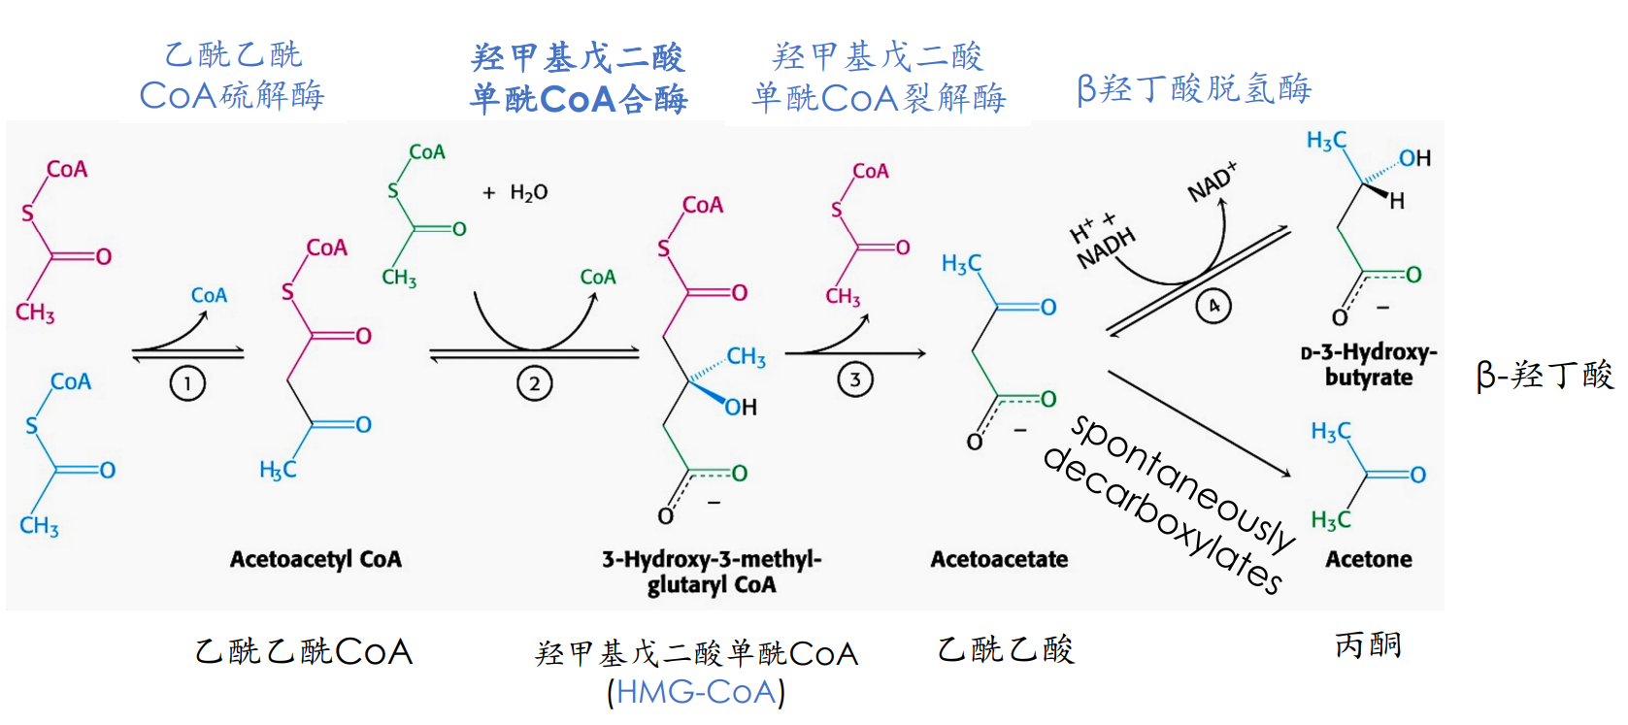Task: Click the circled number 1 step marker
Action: [x=187, y=383]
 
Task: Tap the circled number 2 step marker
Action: [x=534, y=383]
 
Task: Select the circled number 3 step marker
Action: [x=855, y=379]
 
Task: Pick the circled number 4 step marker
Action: [x=1213, y=306]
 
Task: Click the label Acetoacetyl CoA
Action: [x=316, y=559]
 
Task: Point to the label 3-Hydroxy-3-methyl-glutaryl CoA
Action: [x=712, y=572]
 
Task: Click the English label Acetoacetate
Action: [x=999, y=559]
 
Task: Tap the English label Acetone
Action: [x=1369, y=559]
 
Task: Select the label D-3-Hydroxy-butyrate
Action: [x=1369, y=364]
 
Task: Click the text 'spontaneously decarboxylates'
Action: [x=1170, y=501]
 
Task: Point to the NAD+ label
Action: [x=1213, y=181]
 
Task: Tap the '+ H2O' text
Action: [x=515, y=193]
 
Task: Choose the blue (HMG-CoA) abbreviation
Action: [x=696, y=692]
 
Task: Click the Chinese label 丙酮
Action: [x=1368, y=644]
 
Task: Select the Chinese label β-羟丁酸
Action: [x=1545, y=375]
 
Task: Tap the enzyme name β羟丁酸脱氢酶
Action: [x=1194, y=89]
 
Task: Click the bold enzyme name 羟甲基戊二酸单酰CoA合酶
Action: [x=579, y=78]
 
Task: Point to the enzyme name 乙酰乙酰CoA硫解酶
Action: [x=232, y=76]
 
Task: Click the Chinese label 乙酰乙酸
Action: [x=1006, y=649]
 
